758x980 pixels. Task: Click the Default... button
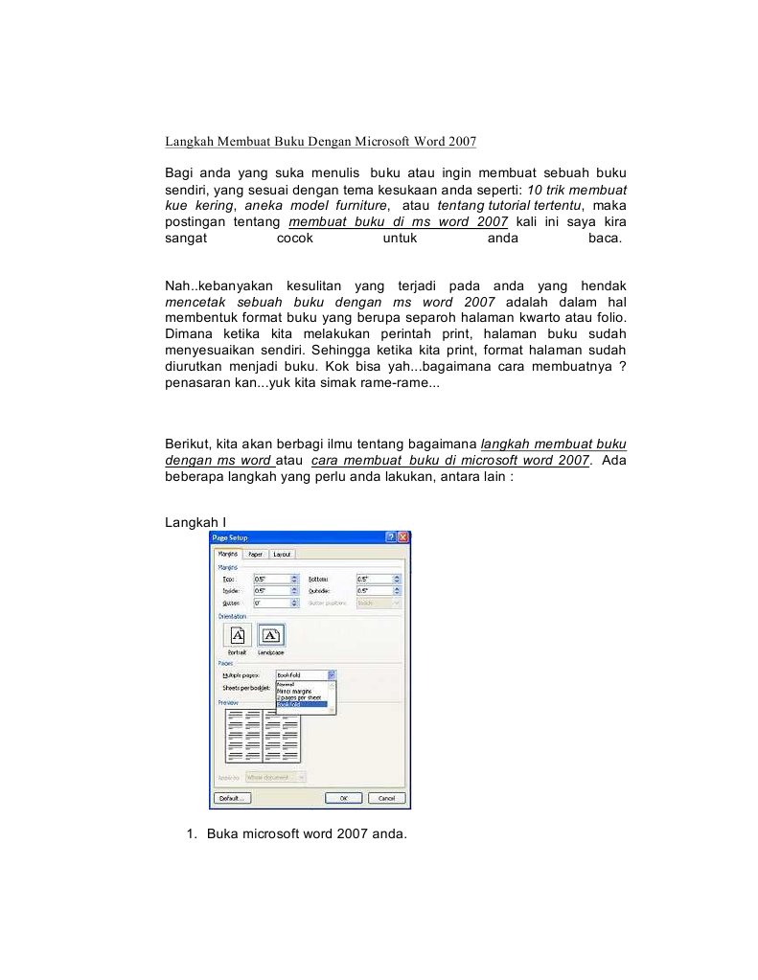[231, 797]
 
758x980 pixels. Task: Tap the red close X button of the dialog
[403, 537]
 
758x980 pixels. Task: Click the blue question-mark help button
[391, 537]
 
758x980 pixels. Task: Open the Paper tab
[255, 554]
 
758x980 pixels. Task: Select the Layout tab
[282, 554]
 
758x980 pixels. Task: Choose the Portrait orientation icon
[237, 635]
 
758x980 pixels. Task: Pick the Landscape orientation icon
[271, 635]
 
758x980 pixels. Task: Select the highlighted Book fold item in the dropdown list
[301, 704]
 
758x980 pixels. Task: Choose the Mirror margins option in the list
[301, 691]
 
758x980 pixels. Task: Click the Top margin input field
[271, 579]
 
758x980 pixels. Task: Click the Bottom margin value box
[374, 579]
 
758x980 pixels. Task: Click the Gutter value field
[271, 604]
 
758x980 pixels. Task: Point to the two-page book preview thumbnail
[262, 736]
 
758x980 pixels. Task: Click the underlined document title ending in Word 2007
[320, 142]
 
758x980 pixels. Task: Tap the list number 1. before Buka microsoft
[192, 833]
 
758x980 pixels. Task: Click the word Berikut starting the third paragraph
[188, 444]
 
